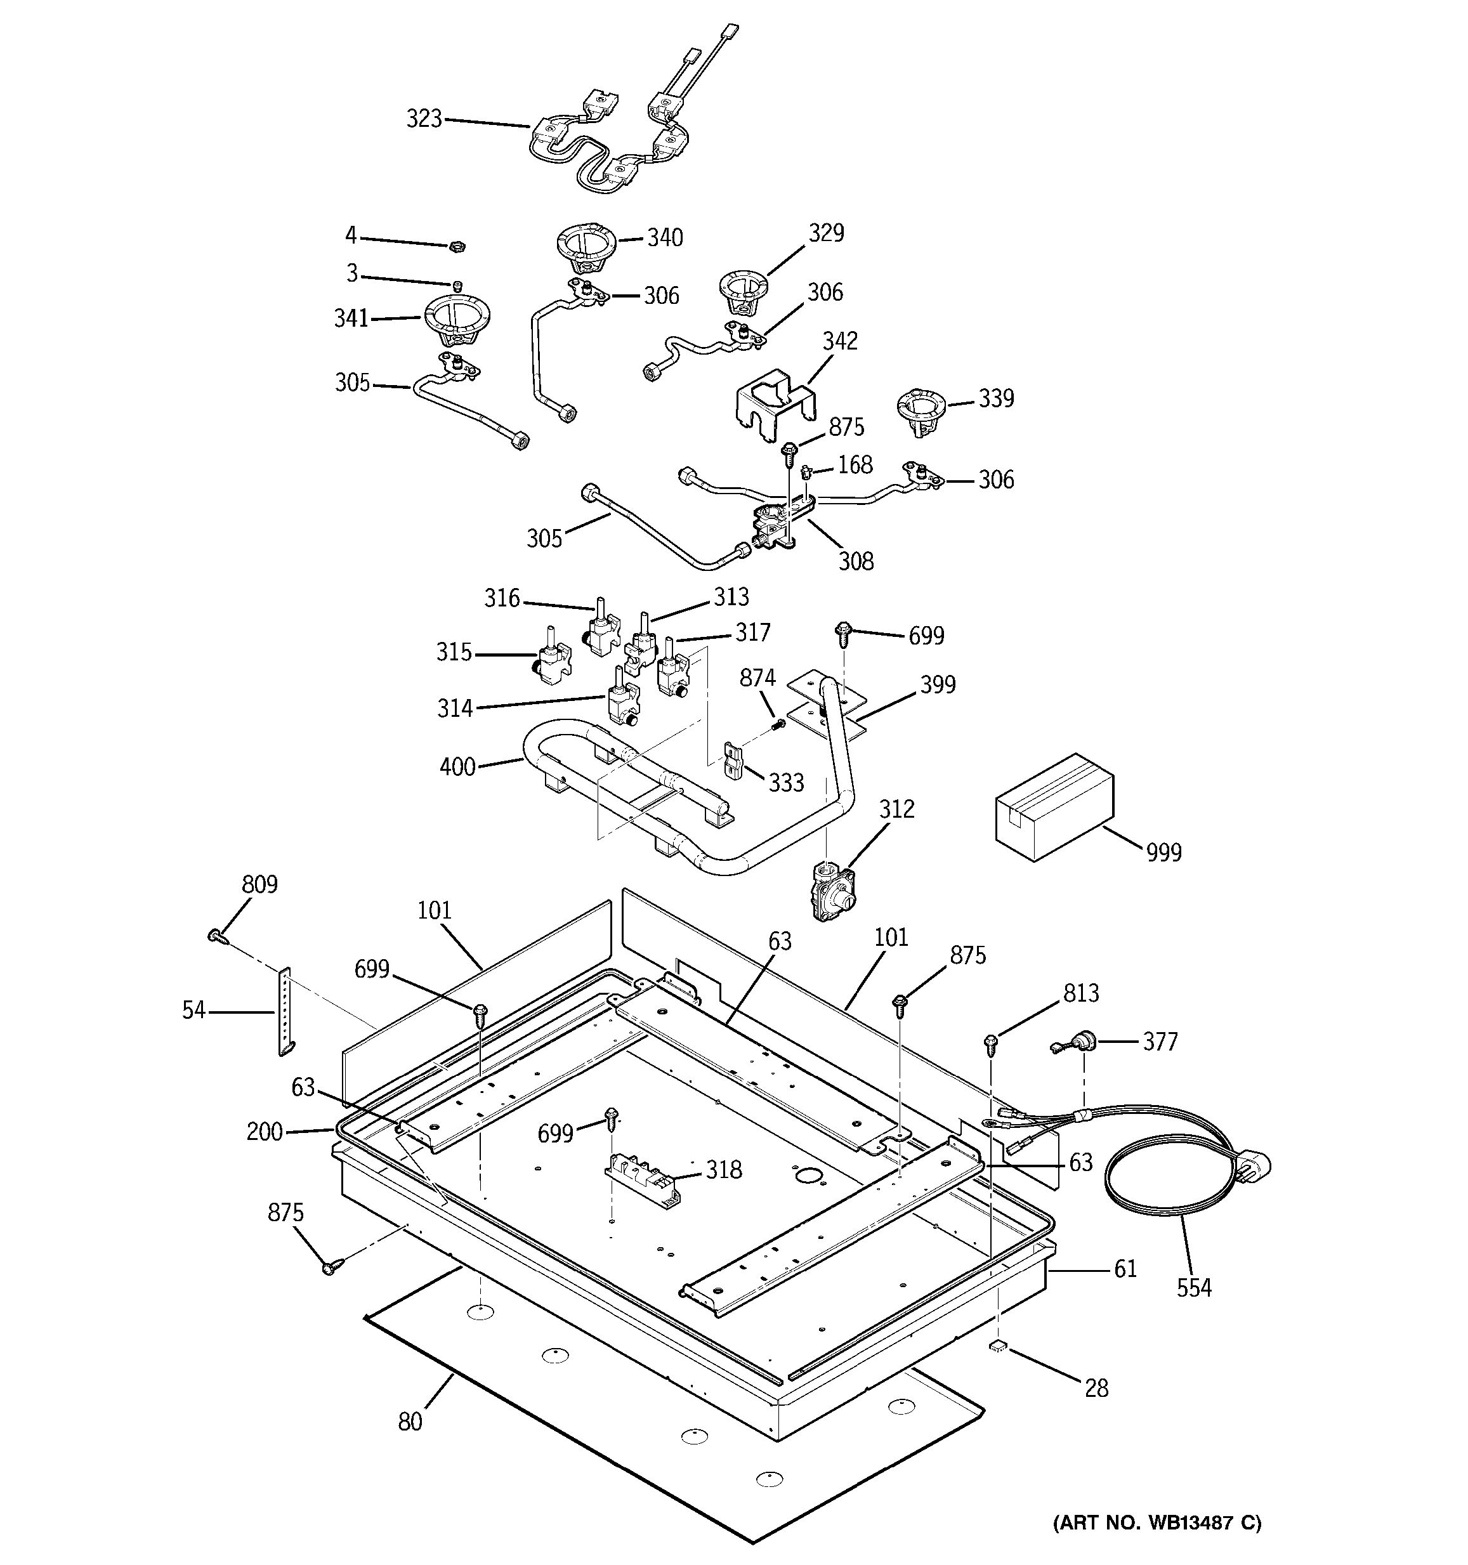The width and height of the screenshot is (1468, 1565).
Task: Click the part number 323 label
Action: coord(424,119)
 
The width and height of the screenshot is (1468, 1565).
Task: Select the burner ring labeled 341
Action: coord(455,319)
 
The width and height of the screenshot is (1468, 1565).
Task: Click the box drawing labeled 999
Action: coord(1054,807)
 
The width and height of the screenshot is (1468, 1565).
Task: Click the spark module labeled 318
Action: coord(642,1177)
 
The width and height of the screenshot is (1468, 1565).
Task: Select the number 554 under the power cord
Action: coord(1193,1288)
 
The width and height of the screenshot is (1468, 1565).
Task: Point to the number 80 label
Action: coord(410,1421)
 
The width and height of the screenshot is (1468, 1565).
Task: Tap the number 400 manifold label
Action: coord(457,766)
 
